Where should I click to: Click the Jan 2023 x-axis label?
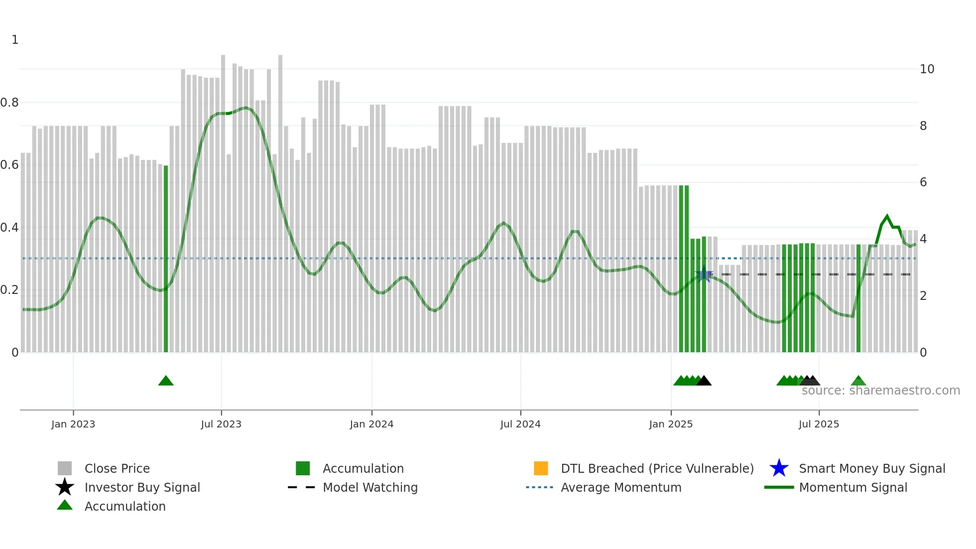73,424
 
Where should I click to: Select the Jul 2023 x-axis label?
221,424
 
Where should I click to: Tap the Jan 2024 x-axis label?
371,424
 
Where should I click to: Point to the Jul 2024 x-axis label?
520,424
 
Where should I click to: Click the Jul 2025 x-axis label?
819,424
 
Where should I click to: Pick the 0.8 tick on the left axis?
9,103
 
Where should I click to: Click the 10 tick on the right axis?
927,69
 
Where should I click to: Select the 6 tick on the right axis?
923,182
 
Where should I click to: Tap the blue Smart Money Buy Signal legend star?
779,468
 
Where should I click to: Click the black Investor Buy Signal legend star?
65,487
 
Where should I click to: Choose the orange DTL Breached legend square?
541,468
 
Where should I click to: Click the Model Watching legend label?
370,487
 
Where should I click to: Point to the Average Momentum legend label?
621,487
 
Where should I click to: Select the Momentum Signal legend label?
853,487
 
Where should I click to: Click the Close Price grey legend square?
65,468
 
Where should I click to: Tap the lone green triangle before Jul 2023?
166,381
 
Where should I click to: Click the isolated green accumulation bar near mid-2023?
166,259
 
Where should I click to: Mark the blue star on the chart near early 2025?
704,274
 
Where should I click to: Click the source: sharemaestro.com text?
880,391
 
